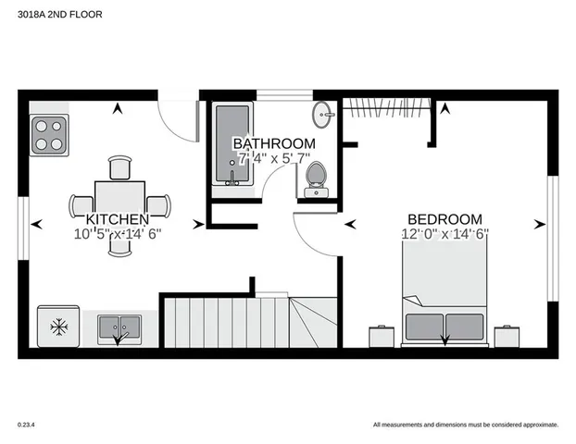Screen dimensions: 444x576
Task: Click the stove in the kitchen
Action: (50, 134)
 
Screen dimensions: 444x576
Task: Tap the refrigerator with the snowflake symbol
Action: (58, 327)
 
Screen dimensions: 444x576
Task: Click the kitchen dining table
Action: (120, 201)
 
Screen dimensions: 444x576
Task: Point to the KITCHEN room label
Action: (118, 219)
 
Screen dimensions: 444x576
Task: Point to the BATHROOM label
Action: (273, 144)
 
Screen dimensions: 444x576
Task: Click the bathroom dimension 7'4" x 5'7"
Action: (273, 159)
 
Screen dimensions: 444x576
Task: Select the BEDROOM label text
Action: (445, 218)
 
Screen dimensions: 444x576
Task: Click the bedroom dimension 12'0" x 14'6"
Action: (445, 233)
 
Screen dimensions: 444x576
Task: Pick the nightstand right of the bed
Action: (507, 335)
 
